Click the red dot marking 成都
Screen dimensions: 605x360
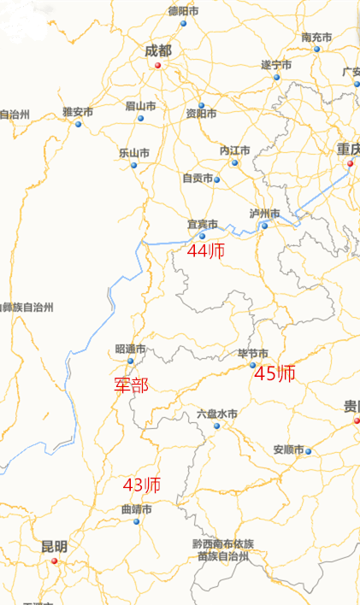pyautogui.click(x=157, y=64)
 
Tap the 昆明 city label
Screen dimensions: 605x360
pyautogui.click(x=54, y=547)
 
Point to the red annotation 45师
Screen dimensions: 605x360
pyautogui.click(x=276, y=373)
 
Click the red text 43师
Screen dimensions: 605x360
pyautogui.click(x=142, y=485)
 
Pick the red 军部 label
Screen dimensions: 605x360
pyautogui.click(x=132, y=385)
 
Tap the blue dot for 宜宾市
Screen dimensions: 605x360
pyautogui.click(x=203, y=236)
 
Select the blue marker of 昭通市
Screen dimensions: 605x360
pyautogui.click(x=130, y=361)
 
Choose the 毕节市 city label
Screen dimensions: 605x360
pyautogui.click(x=253, y=354)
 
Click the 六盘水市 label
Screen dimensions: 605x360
pyautogui.click(x=217, y=414)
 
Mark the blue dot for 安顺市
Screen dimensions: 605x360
pyautogui.click(x=309, y=451)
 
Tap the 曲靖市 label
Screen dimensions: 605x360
pyautogui.click(x=136, y=509)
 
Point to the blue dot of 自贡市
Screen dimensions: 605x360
pyautogui.click(x=217, y=179)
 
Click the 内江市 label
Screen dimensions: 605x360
pyautogui.click(x=234, y=150)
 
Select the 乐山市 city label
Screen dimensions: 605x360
pyautogui.click(x=134, y=153)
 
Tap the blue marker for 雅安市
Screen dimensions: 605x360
pyautogui.click(x=79, y=124)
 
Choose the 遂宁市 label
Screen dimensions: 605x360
pyautogui.click(x=276, y=65)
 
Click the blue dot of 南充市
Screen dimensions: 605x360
pyautogui.click(x=316, y=49)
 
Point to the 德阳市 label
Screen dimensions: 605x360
pyautogui.click(x=183, y=11)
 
